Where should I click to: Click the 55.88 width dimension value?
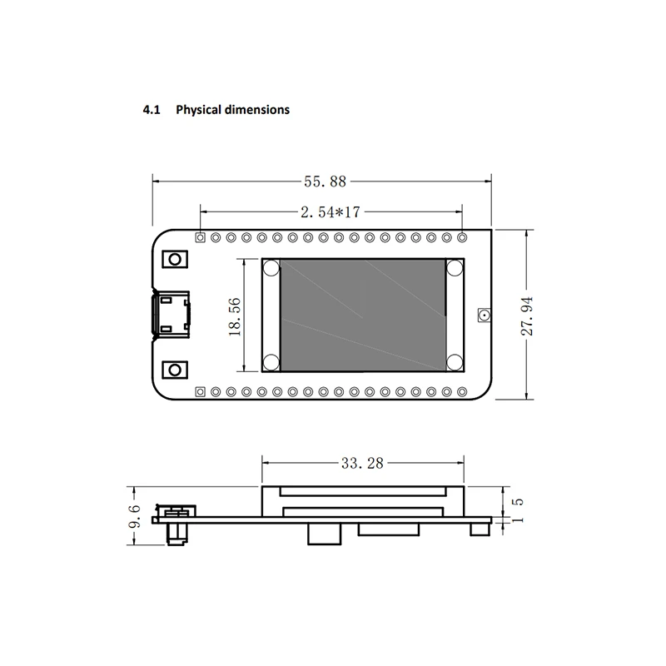coord(325,181)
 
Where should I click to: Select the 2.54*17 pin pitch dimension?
coord(331,212)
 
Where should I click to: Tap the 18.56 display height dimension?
coord(235,317)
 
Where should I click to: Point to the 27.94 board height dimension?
coord(527,316)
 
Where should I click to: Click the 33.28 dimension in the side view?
coord(362,463)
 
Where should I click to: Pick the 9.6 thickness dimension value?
coord(134,516)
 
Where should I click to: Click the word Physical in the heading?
coord(199,110)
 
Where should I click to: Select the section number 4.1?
coord(152,110)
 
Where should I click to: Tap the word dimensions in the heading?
coord(257,110)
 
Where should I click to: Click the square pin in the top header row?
coord(200,237)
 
